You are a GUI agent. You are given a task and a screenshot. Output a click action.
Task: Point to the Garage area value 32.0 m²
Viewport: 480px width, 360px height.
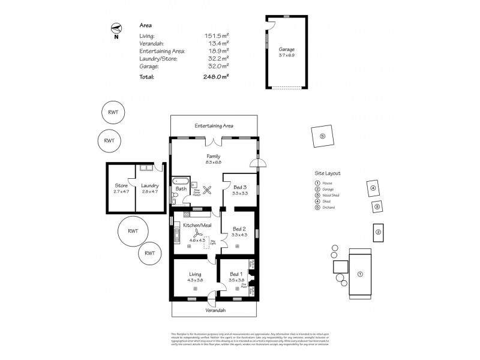click(218, 66)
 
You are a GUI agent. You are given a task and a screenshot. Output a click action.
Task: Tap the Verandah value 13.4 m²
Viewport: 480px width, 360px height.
click(218, 43)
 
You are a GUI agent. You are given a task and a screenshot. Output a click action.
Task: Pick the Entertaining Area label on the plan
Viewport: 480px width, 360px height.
click(214, 126)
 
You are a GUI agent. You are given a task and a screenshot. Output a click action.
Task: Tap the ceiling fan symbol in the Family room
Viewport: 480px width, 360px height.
click(208, 190)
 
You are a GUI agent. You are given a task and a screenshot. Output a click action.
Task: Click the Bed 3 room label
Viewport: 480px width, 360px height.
click(239, 187)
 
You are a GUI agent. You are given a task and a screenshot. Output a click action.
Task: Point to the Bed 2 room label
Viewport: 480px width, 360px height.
click(239, 229)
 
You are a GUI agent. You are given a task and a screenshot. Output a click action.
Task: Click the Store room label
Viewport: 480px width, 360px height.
click(121, 185)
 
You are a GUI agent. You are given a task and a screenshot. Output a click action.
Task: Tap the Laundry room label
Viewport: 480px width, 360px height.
click(149, 185)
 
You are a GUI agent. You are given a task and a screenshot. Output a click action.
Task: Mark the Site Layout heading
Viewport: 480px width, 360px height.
click(328, 172)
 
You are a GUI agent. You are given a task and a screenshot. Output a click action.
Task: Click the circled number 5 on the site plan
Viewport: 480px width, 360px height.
click(322, 136)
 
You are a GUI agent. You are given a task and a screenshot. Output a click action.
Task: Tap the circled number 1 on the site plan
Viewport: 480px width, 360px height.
click(361, 274)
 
